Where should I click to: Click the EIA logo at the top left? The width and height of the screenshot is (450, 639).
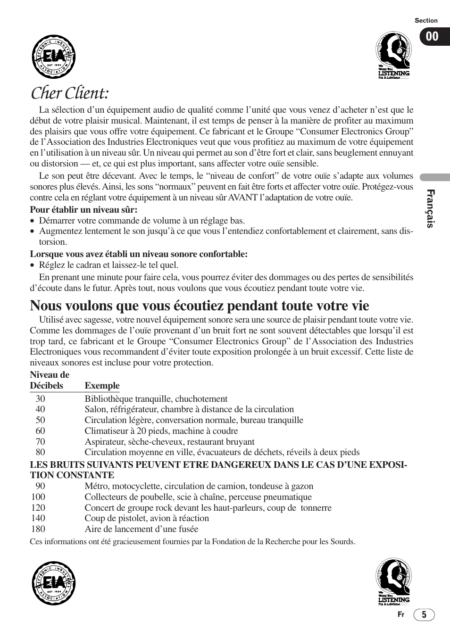click(x=54, y=57)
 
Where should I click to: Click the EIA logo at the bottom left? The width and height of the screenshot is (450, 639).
click(x=54, y=583)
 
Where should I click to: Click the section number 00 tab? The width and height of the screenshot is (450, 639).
click(x=433, y=37)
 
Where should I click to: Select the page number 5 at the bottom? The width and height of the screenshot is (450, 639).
click(x=424, y=614)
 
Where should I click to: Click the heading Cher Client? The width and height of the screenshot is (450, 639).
click(x=70, y=93)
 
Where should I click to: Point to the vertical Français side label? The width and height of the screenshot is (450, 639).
click(x=430, y=208)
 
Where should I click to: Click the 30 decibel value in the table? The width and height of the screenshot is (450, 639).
click(x=40, y=398)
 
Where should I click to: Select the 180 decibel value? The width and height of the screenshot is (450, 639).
click(x=38, y=529)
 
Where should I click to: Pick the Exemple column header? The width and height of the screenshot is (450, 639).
click(x=102, y=385)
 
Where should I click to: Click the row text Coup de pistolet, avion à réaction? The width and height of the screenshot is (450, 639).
click(x=147, y=518)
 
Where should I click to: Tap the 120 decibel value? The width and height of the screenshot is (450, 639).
click(x=38, y=507)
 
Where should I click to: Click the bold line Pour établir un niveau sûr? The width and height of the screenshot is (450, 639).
click(x=87, y=209)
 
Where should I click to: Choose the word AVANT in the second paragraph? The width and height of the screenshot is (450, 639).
click(x=242, y=197)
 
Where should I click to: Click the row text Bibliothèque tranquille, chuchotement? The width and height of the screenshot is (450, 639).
click(x=156, y=398)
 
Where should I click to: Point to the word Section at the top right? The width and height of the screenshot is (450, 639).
click(x=426, y=20)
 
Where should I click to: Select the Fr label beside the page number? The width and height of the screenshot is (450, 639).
click(x=401, y=614)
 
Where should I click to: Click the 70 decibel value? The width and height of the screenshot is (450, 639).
click(x=40, y=441)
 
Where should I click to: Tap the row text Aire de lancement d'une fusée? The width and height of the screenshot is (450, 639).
click(x=141, y=529)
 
